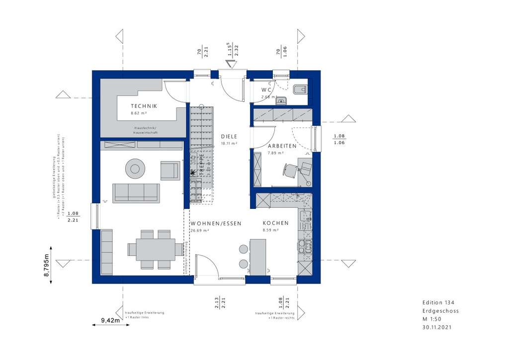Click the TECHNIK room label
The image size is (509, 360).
144,106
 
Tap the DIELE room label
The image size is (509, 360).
229,136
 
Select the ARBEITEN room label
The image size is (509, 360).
282,146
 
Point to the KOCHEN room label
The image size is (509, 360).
275,224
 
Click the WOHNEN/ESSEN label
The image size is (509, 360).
216,224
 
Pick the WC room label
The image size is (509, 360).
267,90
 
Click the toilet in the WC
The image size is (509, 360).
300,90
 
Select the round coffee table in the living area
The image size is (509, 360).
135,169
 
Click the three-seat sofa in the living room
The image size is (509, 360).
136,193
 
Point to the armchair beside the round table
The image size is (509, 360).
170,170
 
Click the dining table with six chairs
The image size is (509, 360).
151,249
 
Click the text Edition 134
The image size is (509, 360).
438,303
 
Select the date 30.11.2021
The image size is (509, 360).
437,327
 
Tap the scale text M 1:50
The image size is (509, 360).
431,319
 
